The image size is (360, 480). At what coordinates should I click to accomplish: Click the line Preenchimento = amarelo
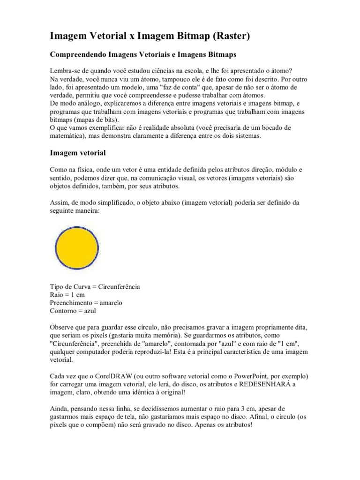[x=86, y=303]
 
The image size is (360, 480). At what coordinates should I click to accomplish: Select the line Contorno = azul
[x=73, y=311]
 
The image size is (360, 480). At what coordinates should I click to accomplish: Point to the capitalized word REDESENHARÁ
[x=267, y=385]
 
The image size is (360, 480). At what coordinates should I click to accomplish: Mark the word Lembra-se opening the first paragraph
[x=65, y=68]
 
